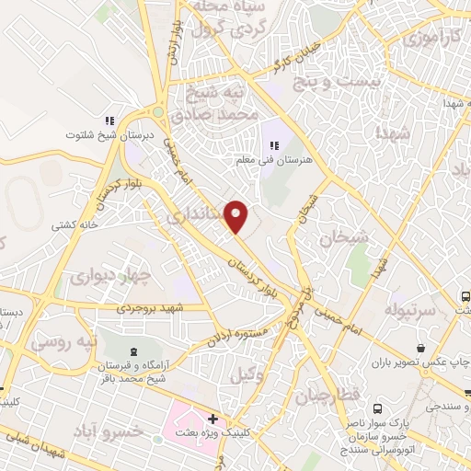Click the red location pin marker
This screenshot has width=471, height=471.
click(x=236, y=216)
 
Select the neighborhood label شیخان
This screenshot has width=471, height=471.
click(x=343, y=239)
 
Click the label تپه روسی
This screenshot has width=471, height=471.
click(x=63, y=341)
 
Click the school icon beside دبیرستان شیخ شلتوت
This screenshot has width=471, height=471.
click(x=109, y=121)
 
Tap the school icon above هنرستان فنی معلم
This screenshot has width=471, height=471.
click(x=272, y=144)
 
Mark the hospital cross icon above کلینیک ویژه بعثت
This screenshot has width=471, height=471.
click(x=213, y=419)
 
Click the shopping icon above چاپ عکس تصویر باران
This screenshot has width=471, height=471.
click(x=420, y=348)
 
